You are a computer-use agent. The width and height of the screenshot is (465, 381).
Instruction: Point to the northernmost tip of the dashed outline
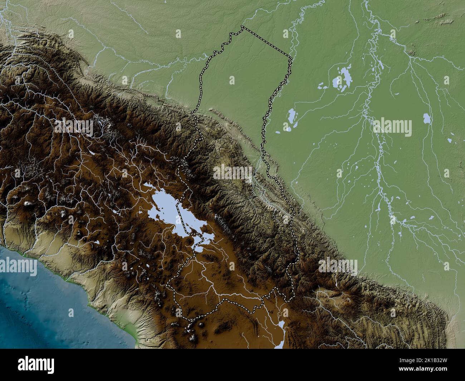click(242, 26)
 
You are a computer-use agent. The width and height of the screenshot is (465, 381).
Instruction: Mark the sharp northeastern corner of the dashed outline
click(292, 58)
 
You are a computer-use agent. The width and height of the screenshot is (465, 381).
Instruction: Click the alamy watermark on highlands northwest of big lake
click(74, 127)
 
